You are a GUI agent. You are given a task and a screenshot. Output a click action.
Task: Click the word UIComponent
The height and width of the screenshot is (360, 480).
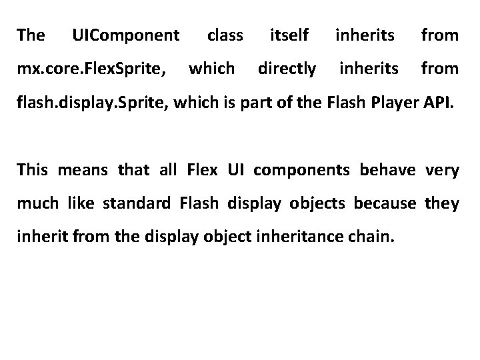[x=125, y=35]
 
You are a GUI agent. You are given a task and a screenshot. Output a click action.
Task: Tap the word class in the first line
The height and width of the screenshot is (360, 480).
[x=225, y=35]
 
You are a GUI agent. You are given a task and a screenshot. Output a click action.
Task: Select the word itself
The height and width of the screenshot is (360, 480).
[x=289, y=35]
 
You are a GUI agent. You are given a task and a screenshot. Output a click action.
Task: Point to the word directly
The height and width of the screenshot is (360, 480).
[x=287, y=68]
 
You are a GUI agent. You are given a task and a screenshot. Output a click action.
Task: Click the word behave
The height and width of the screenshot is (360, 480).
[x=387, y=171]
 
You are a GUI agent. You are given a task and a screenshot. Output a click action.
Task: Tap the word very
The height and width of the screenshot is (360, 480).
[x=443, y=171]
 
